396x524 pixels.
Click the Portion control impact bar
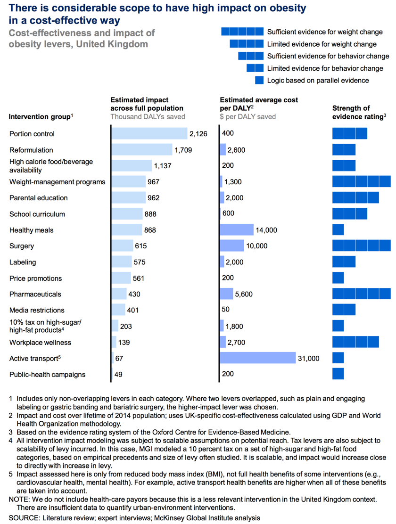(149, 133)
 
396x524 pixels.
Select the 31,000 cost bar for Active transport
(257, 358)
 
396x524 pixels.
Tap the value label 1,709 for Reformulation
(183, 150)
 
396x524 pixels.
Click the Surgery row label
(22, 246)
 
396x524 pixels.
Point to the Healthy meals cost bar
(237, 229)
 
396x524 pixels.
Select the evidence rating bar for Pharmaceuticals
(361, 294)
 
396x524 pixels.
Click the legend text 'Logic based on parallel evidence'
(318, 80)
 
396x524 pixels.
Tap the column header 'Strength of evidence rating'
(359, 112)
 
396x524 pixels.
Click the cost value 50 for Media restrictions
(226, 309)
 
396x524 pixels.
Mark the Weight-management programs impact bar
(129, 181)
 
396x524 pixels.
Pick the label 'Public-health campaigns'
(48, 374)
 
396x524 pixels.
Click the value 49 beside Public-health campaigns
(118, 374)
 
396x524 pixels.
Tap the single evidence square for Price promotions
(338, 278)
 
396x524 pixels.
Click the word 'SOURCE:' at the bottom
(24, 518)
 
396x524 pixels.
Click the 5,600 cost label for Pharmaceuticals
(244, 294)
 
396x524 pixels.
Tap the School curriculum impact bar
(127, 213)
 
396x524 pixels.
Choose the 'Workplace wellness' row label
(40, 342)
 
